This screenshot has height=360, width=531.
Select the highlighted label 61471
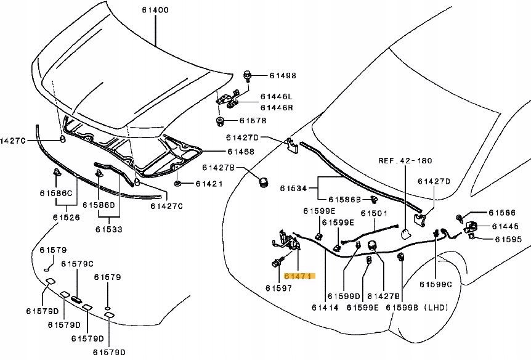pyautogui.click(x=299, y=277)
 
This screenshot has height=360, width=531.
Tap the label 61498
pyautogui.click(x=283, y=76)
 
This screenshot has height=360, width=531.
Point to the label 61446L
pyautogui.click(x=277, y=97)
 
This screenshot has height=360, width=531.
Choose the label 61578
pyautogui.click(x=253, y=121)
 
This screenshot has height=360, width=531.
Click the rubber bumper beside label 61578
pyautogui.click(x=220, y=120)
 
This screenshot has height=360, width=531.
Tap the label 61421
pyautogui.click(x=209, y=184)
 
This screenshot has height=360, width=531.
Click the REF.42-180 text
pyautogui.click(x=405, y=160)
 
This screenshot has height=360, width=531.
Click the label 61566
pyautogui.click(x=502, y=213)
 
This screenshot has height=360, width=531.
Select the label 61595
pyautogui.click(x=508, y=239)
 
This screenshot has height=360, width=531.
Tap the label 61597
pyautogui.click(x=278, y=288)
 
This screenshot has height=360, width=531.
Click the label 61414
pyautogui.click(x=325, y=307)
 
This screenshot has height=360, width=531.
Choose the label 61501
pyautogui.click(x=374, y=213)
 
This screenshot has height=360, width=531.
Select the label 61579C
pyautogui.click(x=80, y=264)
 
